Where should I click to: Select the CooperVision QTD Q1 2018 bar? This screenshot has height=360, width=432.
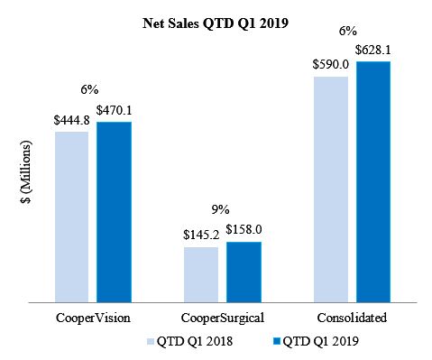tap(71, 217)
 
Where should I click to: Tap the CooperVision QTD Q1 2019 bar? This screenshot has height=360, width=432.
tap(114, 211)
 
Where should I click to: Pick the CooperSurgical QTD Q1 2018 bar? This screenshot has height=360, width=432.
tap(201, 274)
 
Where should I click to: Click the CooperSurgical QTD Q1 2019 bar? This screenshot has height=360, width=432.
tap(244, 272)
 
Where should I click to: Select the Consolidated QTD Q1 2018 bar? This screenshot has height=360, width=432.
tap(331, 189)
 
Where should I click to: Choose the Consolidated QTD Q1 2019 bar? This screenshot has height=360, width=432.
tap(372, 181)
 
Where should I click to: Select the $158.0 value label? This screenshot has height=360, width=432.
tap(244, 231)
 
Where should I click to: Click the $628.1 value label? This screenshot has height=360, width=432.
tap(372, 51)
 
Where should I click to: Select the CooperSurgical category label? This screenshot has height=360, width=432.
tap(222, 318)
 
